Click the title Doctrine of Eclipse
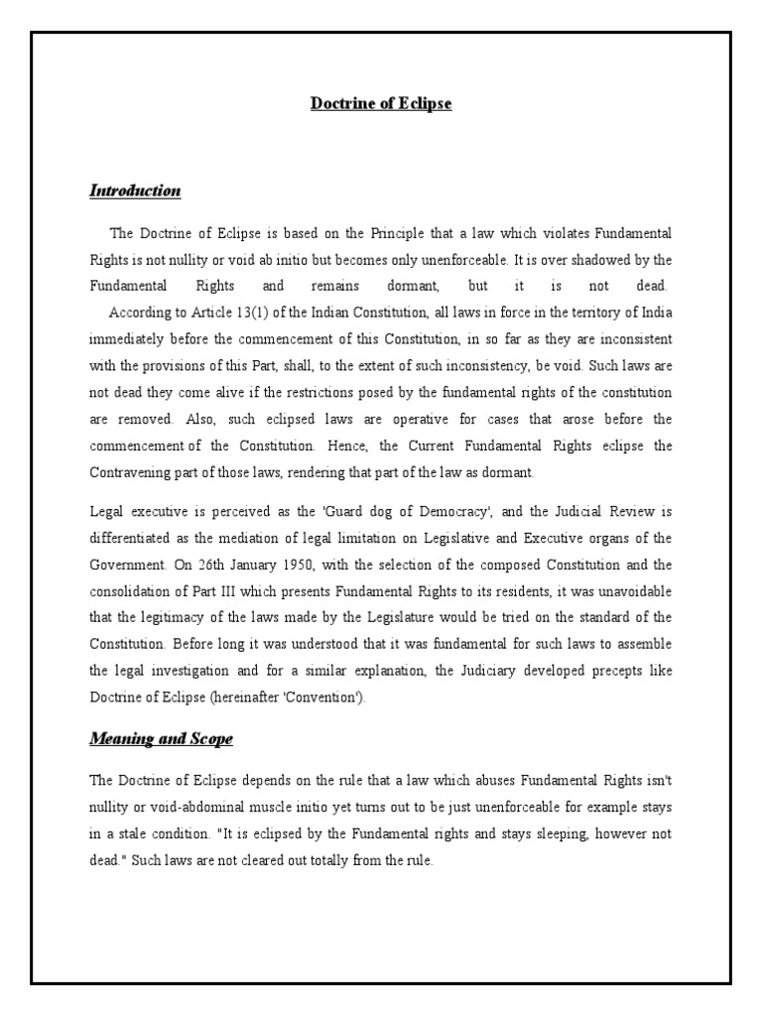pyautogui.click(x=381, y=103)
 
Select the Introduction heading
pyautogui.click(x=135, y=190)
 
